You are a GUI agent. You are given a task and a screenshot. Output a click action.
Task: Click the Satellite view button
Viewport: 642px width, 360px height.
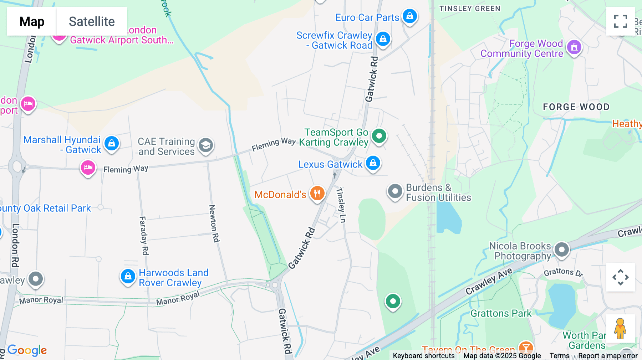[92, 21]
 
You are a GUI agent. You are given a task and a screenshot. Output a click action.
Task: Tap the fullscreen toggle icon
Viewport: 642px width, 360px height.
[620, 21]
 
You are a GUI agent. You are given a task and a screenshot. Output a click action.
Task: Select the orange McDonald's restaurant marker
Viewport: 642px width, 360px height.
[317, 194]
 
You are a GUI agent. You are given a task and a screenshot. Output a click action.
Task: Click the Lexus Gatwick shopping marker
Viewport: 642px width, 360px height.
[373, 163]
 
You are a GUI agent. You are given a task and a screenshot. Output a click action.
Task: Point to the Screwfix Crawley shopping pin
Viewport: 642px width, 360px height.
[383, 39]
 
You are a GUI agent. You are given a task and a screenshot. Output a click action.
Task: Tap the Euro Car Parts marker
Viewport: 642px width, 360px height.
[410, 16]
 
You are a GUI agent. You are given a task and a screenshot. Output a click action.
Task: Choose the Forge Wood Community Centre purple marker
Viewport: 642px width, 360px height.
[574, 47]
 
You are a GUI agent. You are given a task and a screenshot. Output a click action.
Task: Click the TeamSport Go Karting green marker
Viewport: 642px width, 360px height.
[379, 136]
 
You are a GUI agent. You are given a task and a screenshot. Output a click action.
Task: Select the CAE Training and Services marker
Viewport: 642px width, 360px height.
[206, 145]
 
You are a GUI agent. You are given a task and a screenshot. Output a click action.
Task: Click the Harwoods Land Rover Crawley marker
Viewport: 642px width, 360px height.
[128, 276]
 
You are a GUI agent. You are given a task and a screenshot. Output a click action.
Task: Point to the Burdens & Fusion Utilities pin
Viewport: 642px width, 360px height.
[395, 192]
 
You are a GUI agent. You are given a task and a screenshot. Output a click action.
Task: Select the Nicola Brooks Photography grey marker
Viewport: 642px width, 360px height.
[562, 250]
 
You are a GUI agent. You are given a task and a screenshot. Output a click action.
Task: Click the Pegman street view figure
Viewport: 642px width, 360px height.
[620, 328]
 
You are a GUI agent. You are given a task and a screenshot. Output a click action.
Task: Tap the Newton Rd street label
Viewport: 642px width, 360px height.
[214, 223]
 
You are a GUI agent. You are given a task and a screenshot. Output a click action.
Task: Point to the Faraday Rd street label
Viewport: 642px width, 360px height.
[143, 236]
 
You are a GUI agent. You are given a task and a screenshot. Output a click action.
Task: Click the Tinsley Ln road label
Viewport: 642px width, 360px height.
[341, 205]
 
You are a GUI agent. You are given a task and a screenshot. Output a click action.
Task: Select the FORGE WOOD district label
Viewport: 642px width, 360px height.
[576, 107]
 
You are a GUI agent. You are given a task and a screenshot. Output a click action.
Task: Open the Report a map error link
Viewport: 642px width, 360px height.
[608, 356]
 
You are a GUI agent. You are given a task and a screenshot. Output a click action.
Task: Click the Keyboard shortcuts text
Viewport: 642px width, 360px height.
[423, 356]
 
